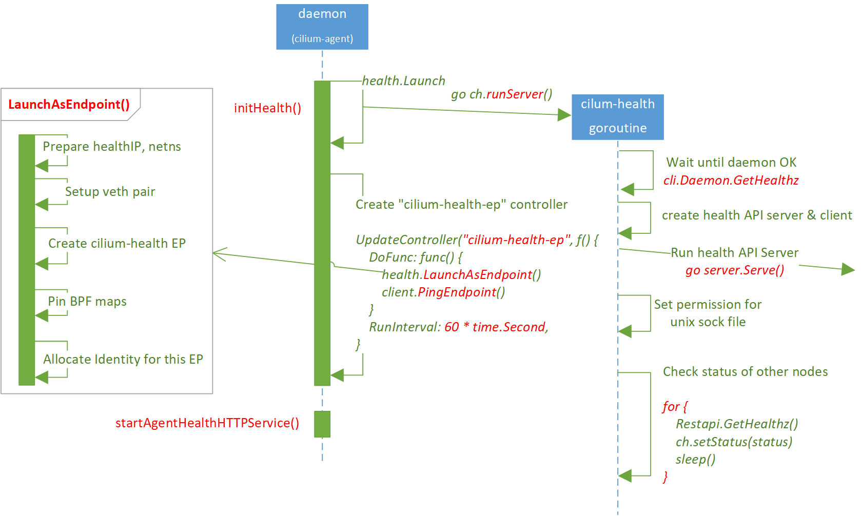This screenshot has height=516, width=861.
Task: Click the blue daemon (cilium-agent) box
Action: [322, 27]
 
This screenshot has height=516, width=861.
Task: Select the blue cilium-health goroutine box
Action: [617, 117]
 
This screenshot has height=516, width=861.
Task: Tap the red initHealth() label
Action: [267, 108]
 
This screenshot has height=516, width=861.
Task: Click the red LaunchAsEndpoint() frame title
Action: [69, 105]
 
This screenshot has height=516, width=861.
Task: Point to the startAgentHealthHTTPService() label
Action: [207, 423]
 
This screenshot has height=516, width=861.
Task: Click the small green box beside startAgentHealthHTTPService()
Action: [322, 424]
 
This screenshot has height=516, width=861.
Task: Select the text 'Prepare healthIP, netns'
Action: [111, 147]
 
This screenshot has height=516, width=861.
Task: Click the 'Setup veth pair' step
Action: [110, 192]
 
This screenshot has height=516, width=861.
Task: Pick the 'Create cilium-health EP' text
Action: [116, 244]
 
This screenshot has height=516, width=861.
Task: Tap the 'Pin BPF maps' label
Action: [87, 302]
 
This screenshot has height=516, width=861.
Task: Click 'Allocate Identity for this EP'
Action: [123, 360]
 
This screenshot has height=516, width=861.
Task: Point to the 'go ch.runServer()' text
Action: [501, 94]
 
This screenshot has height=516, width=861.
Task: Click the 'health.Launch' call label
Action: [403, 81]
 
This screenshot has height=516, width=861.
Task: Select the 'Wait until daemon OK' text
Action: [731, 163]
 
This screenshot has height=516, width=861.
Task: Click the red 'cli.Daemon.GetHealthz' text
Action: [731, 181]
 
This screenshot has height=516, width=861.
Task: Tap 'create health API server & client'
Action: [757, 215]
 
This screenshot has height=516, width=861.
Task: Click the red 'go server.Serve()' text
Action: [734, 271]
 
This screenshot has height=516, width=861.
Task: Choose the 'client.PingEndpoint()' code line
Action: [443, 292]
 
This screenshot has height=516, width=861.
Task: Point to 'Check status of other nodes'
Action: [745, 372]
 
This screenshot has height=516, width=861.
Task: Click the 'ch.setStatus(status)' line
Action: [734, 442]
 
